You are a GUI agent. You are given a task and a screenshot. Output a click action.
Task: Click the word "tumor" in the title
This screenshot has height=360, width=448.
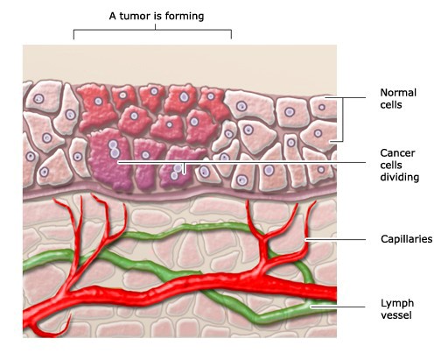[136, 16]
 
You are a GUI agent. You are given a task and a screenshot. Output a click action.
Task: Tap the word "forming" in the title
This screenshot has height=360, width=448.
[185, 17]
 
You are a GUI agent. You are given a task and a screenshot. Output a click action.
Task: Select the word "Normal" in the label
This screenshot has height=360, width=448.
[398, 93]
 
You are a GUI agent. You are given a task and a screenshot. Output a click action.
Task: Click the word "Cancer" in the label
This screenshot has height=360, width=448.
[397, 153]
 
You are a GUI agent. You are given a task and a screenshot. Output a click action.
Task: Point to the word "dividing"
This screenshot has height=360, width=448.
[400, 177]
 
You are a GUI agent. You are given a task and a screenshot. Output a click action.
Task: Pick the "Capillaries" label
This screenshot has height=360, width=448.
[406, 239]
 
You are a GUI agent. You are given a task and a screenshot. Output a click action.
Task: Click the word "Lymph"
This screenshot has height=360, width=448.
[397, 304]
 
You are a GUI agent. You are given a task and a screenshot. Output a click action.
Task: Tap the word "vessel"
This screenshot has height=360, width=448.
[396, 315]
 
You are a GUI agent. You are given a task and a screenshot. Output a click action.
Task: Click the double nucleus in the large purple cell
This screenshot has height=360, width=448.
[114, 149]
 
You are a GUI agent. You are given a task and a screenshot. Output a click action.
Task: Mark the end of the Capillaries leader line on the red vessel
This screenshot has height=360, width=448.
[305, 239]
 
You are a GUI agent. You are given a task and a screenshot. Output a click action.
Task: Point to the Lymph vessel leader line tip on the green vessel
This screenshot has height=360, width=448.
[311, 307]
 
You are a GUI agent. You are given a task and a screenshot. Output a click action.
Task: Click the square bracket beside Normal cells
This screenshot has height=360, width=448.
[342, 119]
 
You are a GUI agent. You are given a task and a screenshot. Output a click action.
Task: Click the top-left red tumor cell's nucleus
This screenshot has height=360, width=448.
[98, 102]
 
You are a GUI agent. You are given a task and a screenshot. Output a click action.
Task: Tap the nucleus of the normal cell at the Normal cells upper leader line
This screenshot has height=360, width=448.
[322, 107]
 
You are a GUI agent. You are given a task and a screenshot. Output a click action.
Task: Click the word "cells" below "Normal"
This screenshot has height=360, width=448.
[391, 105]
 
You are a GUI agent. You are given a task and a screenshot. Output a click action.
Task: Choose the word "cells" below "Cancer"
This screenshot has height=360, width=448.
[391, 165]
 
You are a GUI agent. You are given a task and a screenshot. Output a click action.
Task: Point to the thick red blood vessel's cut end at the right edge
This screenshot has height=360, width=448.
[335, 293]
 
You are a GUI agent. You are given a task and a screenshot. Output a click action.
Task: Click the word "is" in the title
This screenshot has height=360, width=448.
[157, 16]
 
